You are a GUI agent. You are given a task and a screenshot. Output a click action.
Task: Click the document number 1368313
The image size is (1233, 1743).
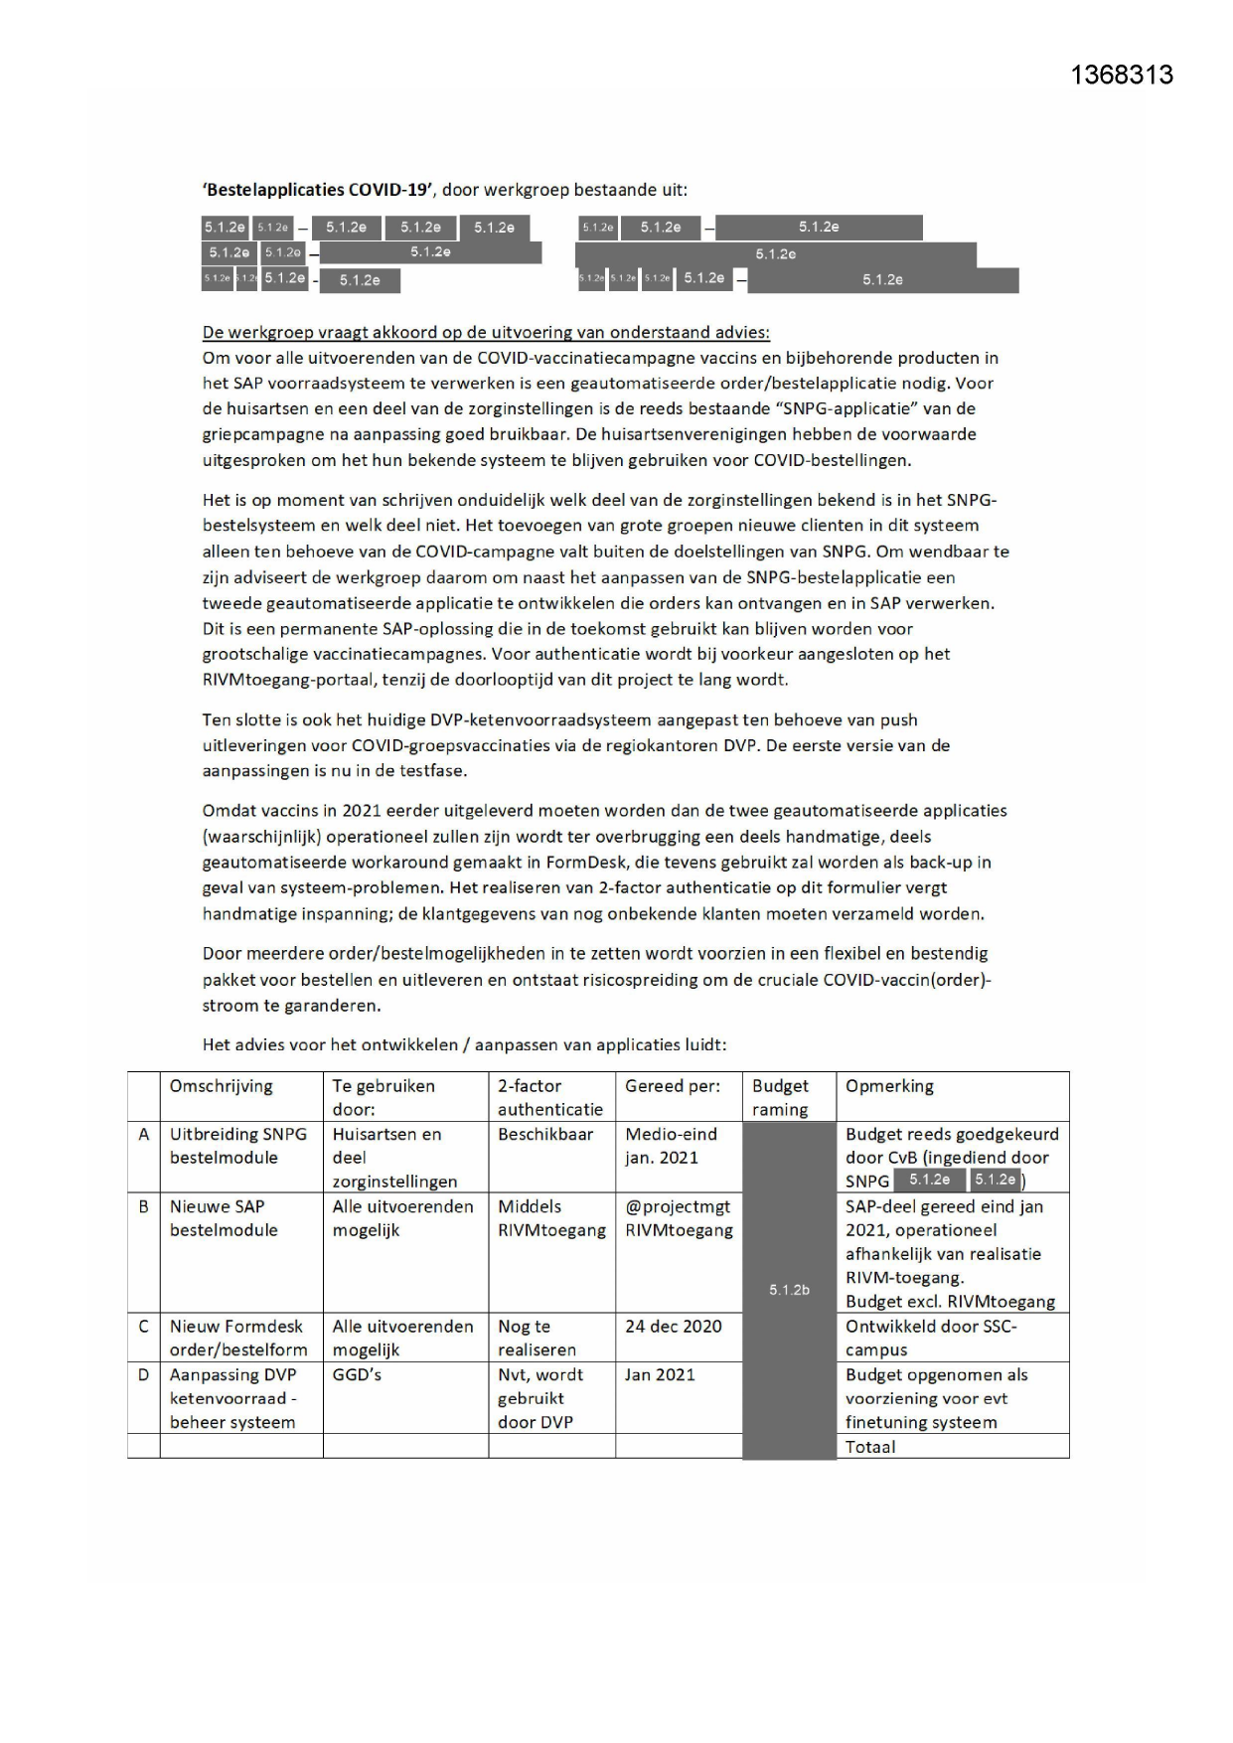[1122, 76]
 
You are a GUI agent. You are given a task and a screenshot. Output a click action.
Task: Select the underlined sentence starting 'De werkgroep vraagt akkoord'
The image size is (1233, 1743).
[486, 332]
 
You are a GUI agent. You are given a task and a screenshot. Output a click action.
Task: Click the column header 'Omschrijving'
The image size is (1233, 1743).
[221, 1086]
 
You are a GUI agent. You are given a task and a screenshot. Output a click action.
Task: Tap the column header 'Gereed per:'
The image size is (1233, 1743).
[673, 1086]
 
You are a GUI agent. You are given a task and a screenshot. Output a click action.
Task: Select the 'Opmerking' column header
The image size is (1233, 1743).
[889, 1086]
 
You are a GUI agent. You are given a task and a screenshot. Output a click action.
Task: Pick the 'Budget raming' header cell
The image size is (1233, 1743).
[780, 1097]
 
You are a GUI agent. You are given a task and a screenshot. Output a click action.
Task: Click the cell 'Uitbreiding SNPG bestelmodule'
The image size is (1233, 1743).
[238, 1146]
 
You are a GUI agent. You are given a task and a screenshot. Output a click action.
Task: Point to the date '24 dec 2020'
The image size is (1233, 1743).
[674, 1327]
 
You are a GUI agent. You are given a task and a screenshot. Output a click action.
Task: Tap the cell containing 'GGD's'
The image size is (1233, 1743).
[357, 1375]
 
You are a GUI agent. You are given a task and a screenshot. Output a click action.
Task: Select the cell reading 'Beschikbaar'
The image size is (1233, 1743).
[545, 1135]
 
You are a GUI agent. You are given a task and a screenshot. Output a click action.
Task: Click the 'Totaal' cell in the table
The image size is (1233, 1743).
[870, 1447]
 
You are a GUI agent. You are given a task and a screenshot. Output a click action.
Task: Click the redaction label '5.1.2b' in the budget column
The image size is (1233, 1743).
[789, 1290]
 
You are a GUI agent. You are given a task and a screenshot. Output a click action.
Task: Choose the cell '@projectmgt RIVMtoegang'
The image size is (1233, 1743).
[679, 1218]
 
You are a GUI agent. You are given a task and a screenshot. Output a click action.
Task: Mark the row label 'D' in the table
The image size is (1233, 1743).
[143, 1375]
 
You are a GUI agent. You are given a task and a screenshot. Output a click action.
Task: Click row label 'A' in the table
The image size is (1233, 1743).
[143, 1135]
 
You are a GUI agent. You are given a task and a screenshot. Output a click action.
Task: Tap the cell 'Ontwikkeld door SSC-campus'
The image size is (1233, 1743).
[931, 1338]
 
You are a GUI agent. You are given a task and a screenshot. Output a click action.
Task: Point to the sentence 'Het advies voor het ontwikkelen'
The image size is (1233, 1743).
[464, 1044]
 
